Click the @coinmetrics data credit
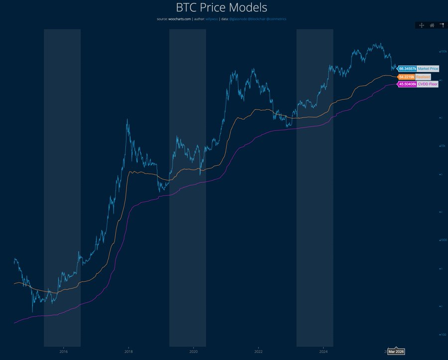275,19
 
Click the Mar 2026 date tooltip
396,352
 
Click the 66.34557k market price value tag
407,69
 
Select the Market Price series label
428,69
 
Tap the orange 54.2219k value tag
406,77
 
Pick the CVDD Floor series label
427,85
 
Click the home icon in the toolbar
432,25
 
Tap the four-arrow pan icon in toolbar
421,25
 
